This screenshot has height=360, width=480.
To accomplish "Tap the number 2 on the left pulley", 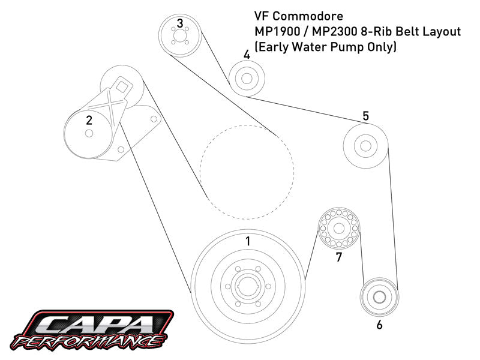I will pos(89,120).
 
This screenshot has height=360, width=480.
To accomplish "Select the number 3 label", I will pos(179,23).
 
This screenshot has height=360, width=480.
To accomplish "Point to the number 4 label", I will pos(247,55).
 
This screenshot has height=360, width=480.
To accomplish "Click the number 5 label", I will pos(365,116).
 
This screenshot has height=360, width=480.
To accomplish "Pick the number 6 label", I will pos(379,325).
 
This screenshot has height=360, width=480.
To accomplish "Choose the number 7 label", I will pos(338,257).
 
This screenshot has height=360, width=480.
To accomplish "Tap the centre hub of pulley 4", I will pos(245,78).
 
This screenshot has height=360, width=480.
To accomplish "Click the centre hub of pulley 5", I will pos(364,145).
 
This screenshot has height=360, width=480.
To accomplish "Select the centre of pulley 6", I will pos(379,295).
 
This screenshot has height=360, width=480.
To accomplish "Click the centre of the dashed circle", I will pos(247,172).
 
